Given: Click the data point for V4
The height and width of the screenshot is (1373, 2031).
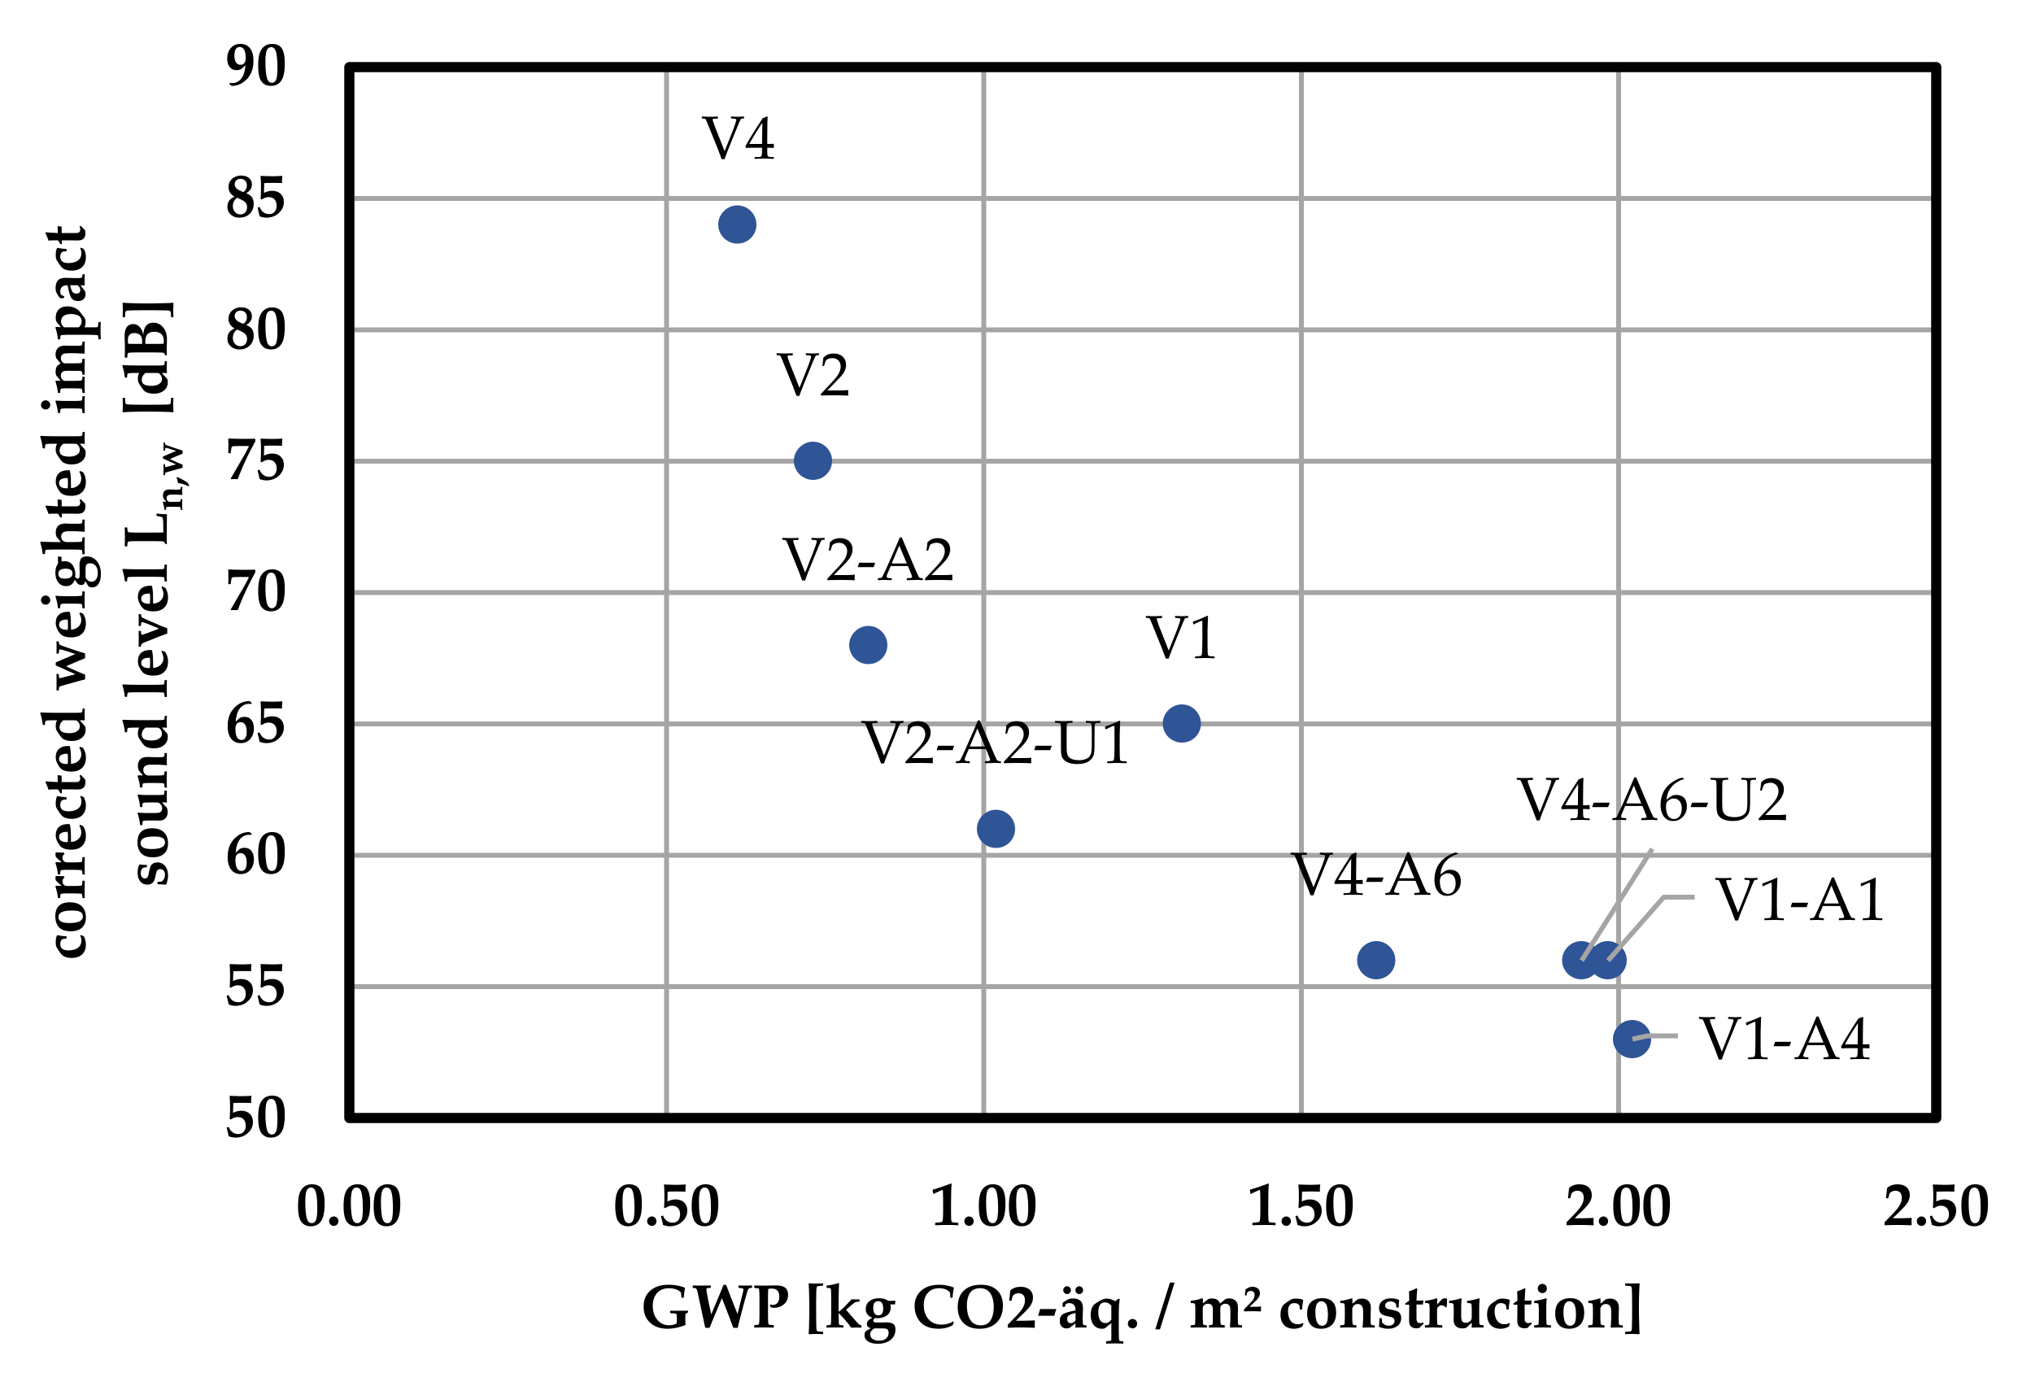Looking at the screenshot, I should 737,224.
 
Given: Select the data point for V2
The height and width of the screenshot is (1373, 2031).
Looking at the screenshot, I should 812,460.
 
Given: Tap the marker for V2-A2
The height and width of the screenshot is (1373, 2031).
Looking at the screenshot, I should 867,645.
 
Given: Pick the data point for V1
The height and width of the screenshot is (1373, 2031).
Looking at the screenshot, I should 1181,724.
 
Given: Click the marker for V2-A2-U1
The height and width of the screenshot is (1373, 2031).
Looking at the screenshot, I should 996,829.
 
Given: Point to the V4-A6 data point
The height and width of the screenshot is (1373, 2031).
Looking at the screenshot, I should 1375,961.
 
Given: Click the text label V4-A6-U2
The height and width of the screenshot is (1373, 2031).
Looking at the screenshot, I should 1651,800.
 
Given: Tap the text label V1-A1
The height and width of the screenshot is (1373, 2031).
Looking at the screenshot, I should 1798,900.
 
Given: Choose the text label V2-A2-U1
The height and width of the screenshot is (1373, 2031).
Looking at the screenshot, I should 996,743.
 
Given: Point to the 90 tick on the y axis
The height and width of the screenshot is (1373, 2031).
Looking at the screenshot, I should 255,67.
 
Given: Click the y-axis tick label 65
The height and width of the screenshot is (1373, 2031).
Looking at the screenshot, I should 255,725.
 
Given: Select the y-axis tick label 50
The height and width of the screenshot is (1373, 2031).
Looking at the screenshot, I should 255,1118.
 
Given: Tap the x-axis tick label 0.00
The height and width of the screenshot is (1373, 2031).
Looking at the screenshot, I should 349,1207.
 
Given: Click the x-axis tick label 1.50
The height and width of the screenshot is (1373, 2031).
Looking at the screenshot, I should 1301,1207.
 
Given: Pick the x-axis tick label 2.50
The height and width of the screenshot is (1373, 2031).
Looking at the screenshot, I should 1935,1207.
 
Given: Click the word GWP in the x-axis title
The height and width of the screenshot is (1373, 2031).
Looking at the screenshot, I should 715,1308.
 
